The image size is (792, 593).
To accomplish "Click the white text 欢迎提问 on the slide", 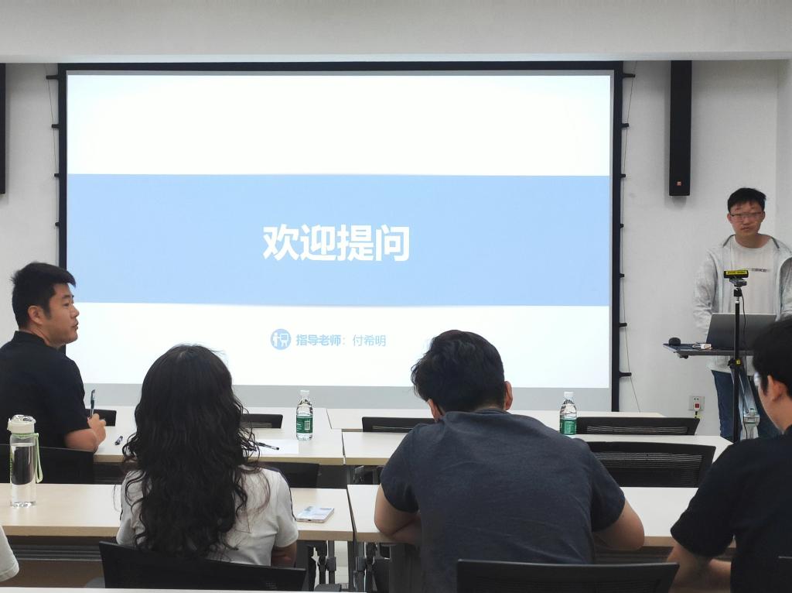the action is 336,242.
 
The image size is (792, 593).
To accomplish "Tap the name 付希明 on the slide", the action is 369,340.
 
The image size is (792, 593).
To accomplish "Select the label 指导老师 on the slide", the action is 318,340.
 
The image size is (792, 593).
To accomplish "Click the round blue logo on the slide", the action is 280,339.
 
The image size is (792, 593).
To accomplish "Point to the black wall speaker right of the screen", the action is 680,128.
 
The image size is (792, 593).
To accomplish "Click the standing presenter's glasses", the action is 746,216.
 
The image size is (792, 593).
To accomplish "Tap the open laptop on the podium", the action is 740,331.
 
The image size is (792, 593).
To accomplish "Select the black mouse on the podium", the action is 674,341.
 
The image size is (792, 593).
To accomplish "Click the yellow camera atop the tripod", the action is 736,274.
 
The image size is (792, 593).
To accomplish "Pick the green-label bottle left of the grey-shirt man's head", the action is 304,415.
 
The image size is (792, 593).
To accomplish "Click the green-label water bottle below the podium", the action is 568,413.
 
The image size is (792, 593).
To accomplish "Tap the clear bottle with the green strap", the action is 22,461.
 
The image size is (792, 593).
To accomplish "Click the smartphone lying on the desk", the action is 315,513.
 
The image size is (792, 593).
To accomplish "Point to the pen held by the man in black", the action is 93,403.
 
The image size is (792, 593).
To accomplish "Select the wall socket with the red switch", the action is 697,403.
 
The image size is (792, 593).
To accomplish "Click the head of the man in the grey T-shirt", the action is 459,370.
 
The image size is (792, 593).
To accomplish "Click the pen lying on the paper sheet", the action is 267,445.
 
